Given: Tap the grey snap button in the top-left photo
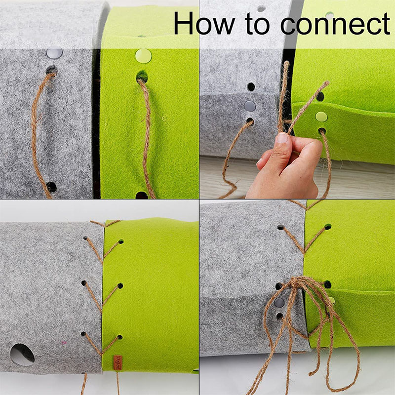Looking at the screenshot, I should (x=54, y=53).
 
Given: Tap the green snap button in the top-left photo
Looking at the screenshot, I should (x=143, y=55).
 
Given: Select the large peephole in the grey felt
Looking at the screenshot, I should (x=23, y=354).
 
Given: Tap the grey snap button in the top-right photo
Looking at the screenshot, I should (x=250, y=106).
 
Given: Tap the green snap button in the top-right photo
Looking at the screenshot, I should (x=321, y=117).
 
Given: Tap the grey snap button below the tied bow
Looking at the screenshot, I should (x=279, y=302).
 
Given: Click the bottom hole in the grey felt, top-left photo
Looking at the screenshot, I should (x=51, y=187).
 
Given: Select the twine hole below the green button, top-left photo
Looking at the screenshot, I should (x=142, y=77).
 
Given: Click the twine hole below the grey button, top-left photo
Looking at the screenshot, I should (x=51, y=71).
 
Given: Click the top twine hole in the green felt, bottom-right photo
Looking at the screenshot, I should (x=327, y=227).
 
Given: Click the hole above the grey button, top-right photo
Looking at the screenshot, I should (x=251, y=87).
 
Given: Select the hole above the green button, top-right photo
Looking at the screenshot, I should (x=320, y=96).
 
